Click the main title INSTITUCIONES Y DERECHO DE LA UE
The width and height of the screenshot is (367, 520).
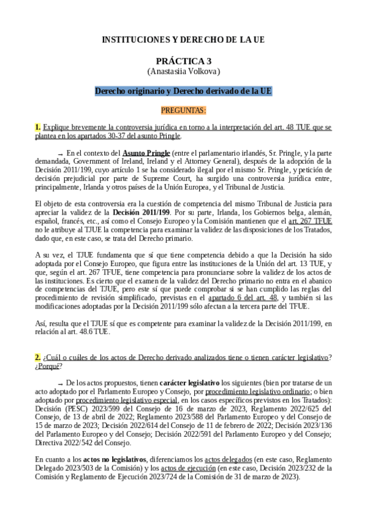click(x=183, y=40)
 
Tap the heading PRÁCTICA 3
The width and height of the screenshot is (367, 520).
click(x=183, y=61)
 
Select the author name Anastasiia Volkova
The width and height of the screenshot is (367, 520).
click(x=183, y=71)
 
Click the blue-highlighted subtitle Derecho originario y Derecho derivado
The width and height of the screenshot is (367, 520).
click(x=183, y=91)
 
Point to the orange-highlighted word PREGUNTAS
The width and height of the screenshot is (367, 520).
click(x=183, y=110)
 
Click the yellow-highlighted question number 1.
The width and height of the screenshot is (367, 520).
click(x=37, y=127)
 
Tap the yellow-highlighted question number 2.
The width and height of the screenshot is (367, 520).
click(x=37, y=357)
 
